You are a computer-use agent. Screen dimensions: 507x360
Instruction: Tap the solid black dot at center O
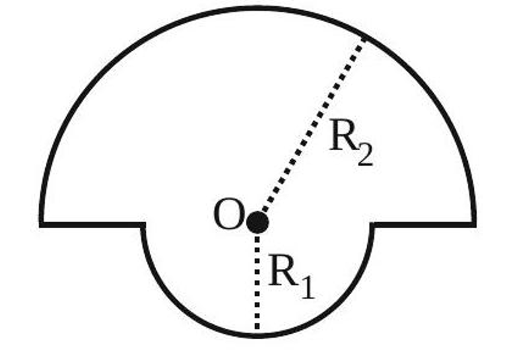257,222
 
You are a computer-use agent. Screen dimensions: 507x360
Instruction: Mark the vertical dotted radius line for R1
257,283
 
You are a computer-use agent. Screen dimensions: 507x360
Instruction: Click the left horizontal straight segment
92,224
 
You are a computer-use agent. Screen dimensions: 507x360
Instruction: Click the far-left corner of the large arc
41,224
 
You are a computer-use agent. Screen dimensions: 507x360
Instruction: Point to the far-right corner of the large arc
474,224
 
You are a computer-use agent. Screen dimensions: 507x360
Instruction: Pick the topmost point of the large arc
258,9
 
